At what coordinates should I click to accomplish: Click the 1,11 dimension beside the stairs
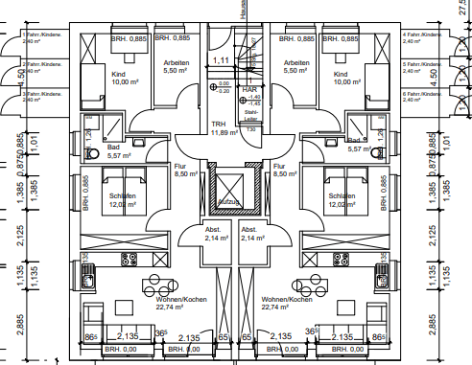[x=221, y=60]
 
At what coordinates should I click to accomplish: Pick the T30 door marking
[x=251, y=128]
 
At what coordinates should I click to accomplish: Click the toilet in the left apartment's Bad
[x=92, y=153]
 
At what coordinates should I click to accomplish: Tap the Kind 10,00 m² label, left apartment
[x=119, y=79]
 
